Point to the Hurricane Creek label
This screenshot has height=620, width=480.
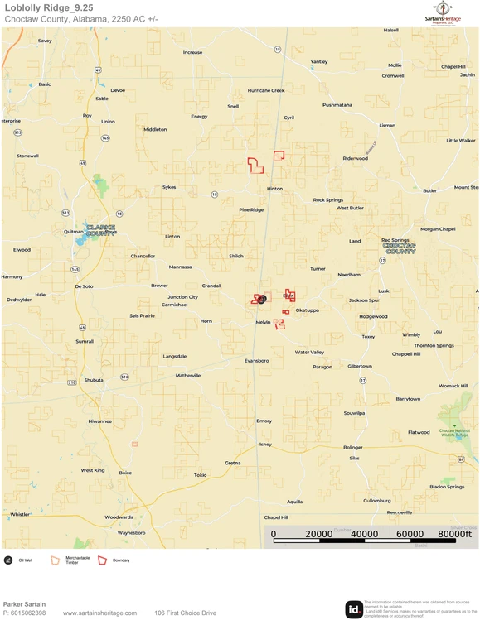click(266, 90)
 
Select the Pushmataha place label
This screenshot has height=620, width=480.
click(337, 105)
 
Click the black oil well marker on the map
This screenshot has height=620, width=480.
click(262, 299)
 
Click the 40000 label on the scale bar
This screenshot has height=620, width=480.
click(365, 534)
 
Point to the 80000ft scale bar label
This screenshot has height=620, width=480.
click(455, 534)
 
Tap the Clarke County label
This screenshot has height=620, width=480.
click(100, 231)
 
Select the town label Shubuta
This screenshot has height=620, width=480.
click(94, 380)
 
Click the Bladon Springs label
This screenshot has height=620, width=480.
click(447, 487)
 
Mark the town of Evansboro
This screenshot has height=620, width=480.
click(256, 361)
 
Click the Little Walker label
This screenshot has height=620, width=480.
click(461, 141)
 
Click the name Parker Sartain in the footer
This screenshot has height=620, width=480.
click(24, 604)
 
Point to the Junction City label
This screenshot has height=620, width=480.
click(182, 296)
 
